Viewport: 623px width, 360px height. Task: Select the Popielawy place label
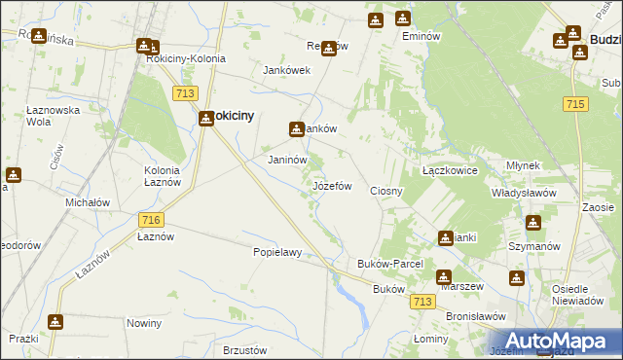point(277,252)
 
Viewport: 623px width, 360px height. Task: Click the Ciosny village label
point(386,191)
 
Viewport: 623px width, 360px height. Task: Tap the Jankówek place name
point(286,70)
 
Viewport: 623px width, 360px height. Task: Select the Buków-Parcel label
point(388,264)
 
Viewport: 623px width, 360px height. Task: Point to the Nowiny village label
point(144,322)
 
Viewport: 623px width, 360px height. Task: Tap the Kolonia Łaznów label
point(146,177)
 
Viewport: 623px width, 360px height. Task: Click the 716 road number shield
point(150,220)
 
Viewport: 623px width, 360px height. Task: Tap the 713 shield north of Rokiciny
point(187,92)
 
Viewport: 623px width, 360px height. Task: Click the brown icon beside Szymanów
point(532,223)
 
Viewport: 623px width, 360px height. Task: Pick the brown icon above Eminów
point(403,18)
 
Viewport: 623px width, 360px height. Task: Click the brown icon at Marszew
point(443,275)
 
